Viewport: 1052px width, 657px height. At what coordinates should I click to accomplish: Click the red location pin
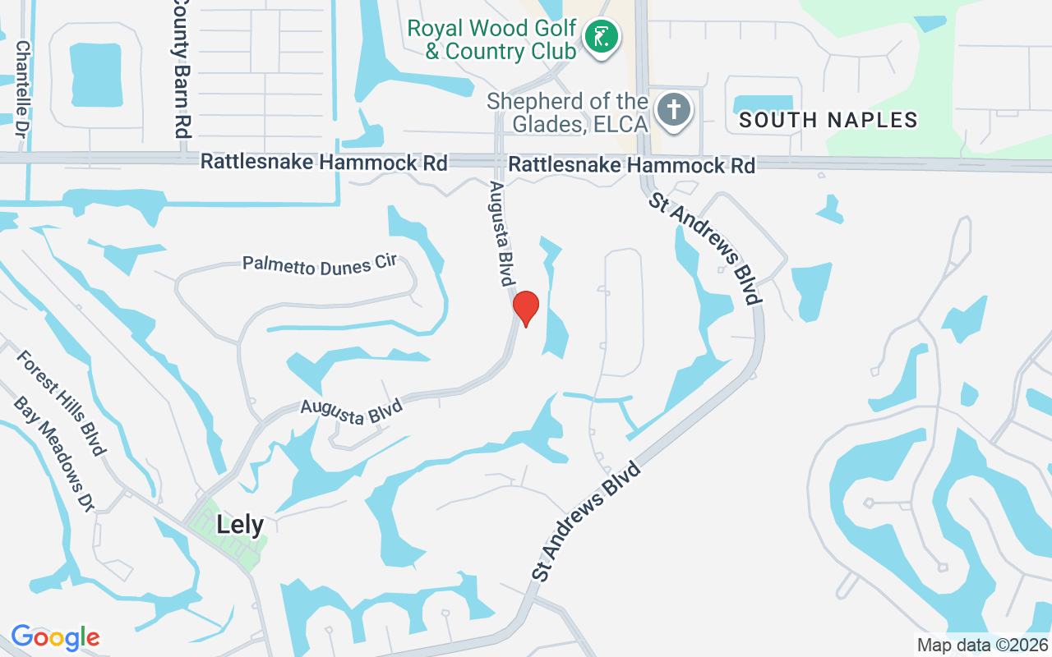click(x=525, y=308)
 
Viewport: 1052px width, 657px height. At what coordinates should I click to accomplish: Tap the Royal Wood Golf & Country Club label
click(x=491, y=39)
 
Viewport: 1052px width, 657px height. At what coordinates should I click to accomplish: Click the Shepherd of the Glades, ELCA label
click(x=567, y=113)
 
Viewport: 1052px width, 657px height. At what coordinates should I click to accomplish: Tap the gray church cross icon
click(x=674, y=110)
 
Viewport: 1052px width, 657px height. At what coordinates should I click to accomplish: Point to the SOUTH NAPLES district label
click(x=828, y=120)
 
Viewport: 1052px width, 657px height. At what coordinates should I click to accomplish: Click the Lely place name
click(x=240, y=525)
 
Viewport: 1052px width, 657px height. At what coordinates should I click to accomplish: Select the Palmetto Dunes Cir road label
click(x=320, y=264)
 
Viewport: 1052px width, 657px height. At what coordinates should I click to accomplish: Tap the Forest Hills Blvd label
click(x=61, y=402)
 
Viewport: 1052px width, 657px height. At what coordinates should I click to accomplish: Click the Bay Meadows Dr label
click(x=53, y=455)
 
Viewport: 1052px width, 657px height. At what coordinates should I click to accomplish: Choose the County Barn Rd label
click(x=181, y=67)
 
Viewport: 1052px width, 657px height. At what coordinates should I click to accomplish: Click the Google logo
click(x=55, y=637)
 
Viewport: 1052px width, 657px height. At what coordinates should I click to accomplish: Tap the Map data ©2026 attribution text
click(x=983, y=645)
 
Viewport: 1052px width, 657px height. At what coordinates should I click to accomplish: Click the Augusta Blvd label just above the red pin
click(x=502, y=234)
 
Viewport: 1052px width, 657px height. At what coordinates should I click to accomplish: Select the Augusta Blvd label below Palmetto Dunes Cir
click(x=351, y=411)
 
